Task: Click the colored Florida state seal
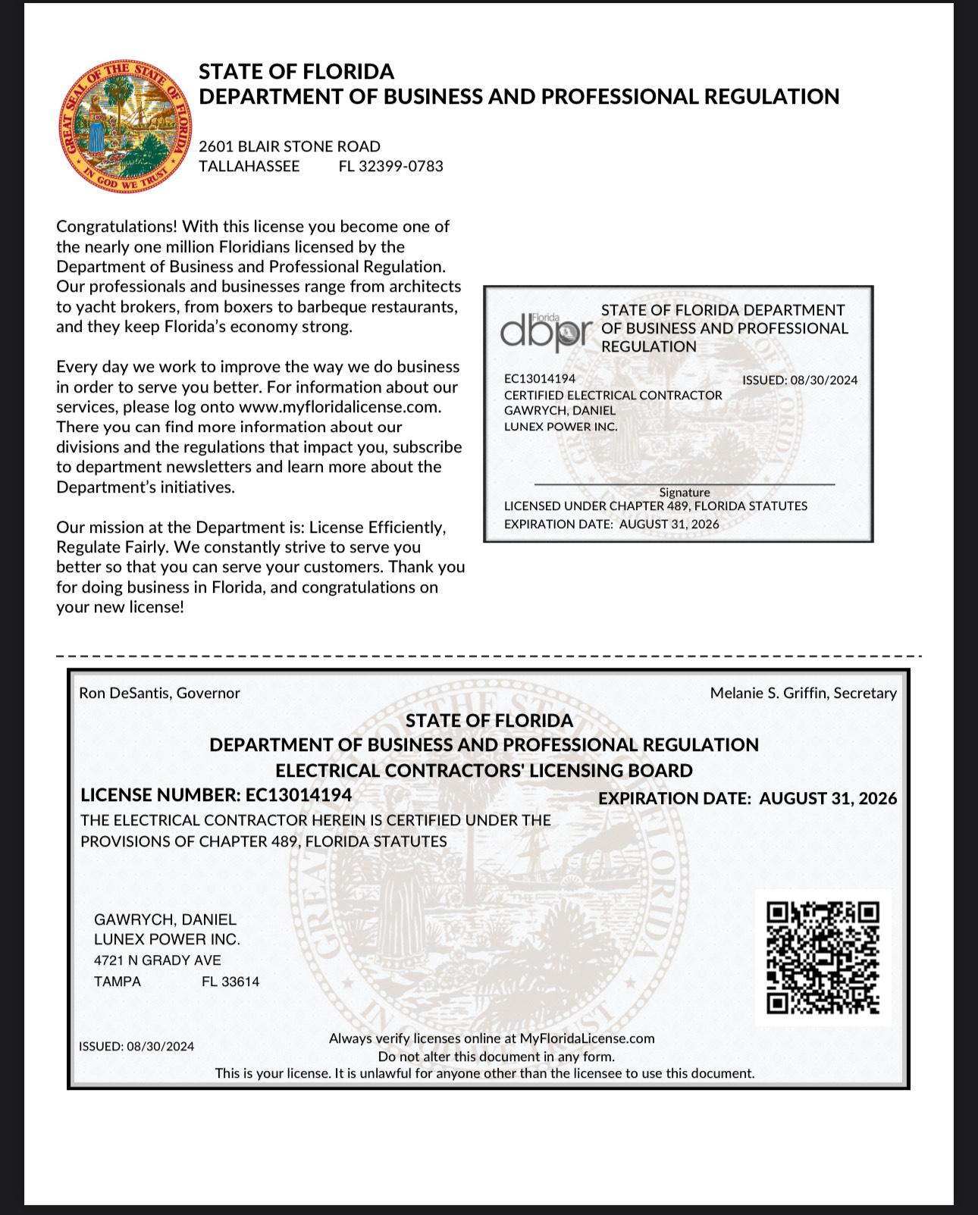pos(124,127)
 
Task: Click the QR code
pos(823,957)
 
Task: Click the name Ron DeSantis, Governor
pos(159,693)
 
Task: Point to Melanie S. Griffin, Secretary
pos(803,693)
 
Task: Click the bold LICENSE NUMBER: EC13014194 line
pos(216,795)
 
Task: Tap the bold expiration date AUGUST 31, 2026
pos(828,798)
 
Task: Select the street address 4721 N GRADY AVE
pos(158,960)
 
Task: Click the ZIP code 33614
pos(230,982)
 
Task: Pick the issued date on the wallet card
pos(799,380)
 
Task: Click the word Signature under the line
pos(684,493)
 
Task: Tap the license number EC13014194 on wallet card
pos(540,378)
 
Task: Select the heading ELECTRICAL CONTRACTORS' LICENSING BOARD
pos(484,771)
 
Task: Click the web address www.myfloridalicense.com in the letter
pos(340,407)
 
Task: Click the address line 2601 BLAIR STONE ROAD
pos(290,146)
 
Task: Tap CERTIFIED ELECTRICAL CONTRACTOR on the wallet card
pos(613,395)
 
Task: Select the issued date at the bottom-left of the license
pos(136,1047)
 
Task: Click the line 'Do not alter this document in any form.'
pos(496,1057)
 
